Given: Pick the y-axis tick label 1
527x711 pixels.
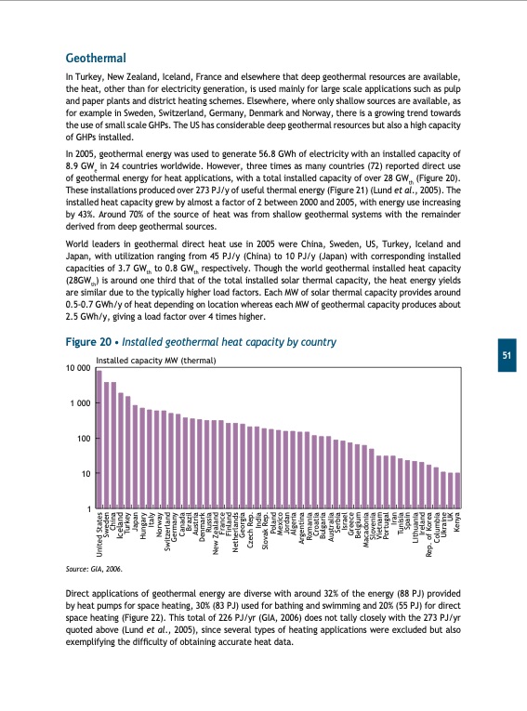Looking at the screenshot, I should click(87, 508).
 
